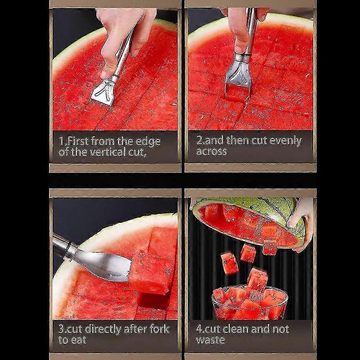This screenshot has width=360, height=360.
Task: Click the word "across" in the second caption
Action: pos(211,151)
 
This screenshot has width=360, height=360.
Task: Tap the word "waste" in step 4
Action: pos(210,340)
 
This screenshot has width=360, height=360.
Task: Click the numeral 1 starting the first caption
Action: pos(61,141)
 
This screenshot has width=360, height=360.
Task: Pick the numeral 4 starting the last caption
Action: pos(198,329)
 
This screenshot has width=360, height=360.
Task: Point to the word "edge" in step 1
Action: pos(144,141)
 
